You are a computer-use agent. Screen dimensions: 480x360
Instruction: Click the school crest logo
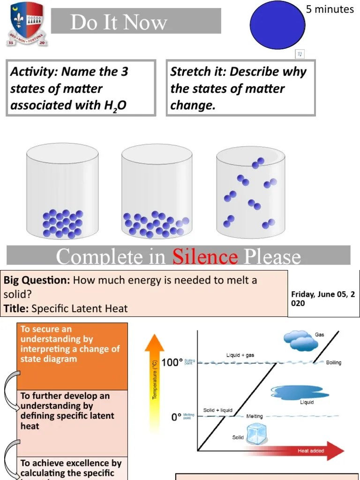coord(27,23)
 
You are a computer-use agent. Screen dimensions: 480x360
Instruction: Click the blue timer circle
coord(277,25)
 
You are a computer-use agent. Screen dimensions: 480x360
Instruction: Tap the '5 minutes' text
coord(330,9)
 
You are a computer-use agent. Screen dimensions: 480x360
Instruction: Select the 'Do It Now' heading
coord(119,22)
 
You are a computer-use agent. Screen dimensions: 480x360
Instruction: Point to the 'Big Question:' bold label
coord(37,280)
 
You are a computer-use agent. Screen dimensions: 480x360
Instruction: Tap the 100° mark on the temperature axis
coord(171,362)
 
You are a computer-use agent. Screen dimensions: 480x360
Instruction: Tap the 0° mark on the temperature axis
coord(176,417)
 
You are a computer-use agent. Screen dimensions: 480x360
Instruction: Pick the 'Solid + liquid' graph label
coord(217,410)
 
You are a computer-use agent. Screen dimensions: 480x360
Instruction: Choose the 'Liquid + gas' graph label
coord(240,355)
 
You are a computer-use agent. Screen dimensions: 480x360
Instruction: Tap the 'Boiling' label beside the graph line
coord(334,362)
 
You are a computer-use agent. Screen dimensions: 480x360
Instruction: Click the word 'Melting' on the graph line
coord(255,416)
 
